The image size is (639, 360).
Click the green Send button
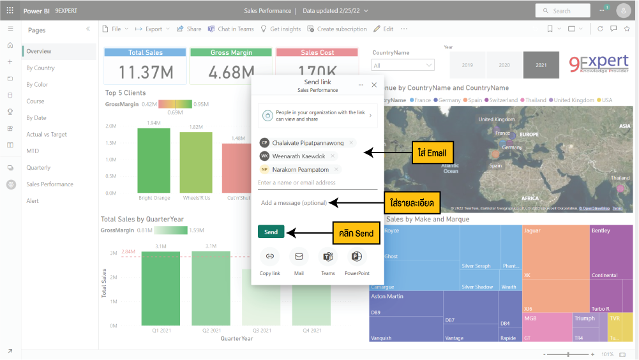point(271,232)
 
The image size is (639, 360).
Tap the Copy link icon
point(270,257)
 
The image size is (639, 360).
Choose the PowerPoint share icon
point(357,257)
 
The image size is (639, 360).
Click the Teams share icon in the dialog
point(328,257)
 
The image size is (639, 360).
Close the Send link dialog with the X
point(374,85)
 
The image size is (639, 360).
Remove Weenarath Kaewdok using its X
point(333,156)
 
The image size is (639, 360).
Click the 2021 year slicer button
point(541,65)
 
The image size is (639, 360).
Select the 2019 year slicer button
point(467,65)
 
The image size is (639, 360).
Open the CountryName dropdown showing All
point(403,65)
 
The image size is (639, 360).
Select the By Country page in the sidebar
point(41,68)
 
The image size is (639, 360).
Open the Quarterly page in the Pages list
point(38,167)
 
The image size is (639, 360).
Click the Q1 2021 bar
point(160,287)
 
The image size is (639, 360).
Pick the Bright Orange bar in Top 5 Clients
point(154,160)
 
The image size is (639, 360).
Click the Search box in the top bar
point(562,11)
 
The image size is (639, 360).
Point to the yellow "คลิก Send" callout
point(357,233)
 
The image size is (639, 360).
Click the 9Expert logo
point(598,64)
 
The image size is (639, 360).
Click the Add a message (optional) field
point(317,203)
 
